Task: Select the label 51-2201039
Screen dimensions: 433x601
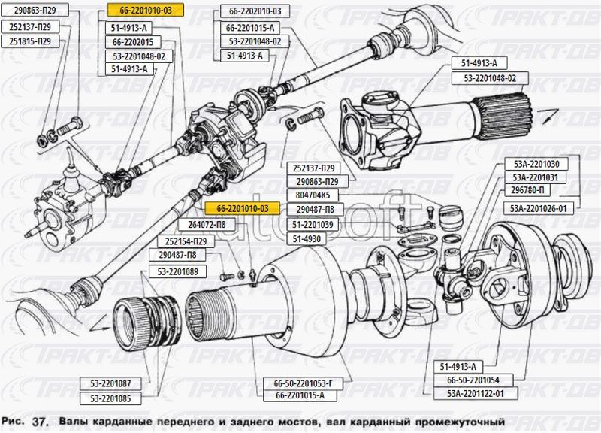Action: click(313, 225)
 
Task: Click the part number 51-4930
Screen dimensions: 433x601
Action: click(307, 239)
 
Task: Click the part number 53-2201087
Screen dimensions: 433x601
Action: click(110, 383)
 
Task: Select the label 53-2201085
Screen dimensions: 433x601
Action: click(110, 398)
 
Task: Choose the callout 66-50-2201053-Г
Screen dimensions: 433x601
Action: click(298, 383)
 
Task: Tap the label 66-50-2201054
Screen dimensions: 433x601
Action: click(475, 380)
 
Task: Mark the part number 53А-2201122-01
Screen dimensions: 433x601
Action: click(475, 393)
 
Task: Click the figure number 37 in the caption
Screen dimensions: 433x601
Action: click(41, 422)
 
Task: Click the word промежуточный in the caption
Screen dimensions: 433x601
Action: click(454, 421)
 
